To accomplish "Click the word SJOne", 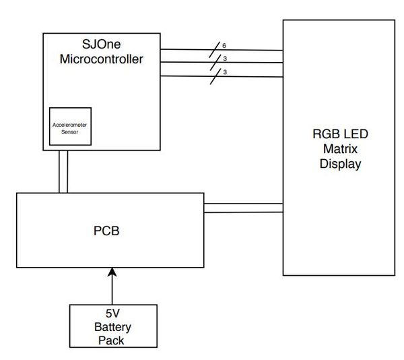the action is [x=101, y=44].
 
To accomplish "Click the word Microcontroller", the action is [x=101, y=59].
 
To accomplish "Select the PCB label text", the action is [x=106, y=231].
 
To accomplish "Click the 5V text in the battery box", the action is [x=112, y=313].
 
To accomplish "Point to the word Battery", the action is [x=112, y=327].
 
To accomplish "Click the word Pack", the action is [x=111, y=340].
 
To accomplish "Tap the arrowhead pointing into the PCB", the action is [x=112, y=272].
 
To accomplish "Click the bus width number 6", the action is [x=224, y=46].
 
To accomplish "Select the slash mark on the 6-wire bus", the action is [x=214, y=49].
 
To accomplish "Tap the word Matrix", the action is [x=340, y=149].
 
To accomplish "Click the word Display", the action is [x=340, y=164].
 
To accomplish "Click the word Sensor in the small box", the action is [x=69, y=132].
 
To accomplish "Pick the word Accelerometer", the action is [x=69, y=125].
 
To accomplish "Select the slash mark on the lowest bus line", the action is [x=215, y=76].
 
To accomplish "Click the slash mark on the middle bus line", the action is [x=215, y=63].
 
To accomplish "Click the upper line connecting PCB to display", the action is [x=244, y=204].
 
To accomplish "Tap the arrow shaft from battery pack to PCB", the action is [x=112, y=290].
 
